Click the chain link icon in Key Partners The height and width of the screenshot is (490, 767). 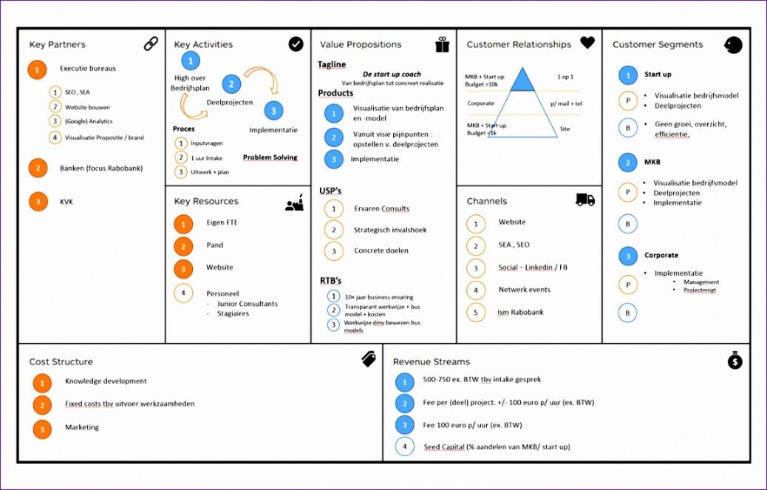coord(151,44)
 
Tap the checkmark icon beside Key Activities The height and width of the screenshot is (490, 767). coord(296,44)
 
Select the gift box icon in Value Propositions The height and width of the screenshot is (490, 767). coord(442,45)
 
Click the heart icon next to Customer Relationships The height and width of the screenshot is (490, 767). coord(587,43)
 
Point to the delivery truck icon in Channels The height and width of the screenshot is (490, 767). coord(585,200)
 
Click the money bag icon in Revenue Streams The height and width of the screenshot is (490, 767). coord(734,361)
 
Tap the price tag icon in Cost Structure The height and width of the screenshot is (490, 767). coord(369,359)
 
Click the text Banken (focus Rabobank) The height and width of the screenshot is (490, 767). coord(101,168)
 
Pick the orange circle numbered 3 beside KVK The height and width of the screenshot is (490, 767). coord(38,202)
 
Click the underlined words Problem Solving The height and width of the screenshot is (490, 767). coord(270,157)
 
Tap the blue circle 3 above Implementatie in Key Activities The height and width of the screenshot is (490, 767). coord(273,111)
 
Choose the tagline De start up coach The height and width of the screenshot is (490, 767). coord(392,74)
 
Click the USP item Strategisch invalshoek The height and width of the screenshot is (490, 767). coord(389,230)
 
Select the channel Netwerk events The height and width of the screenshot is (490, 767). coord(524,290)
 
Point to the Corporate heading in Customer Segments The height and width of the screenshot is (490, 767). coord(661,256)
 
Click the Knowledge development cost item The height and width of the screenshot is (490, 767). coord(106,381)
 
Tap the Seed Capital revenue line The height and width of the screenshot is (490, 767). coord(496,446)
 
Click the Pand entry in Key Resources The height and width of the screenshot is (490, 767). coord(215,245)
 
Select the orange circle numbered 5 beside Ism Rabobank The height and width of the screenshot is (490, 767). coord(476,313)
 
